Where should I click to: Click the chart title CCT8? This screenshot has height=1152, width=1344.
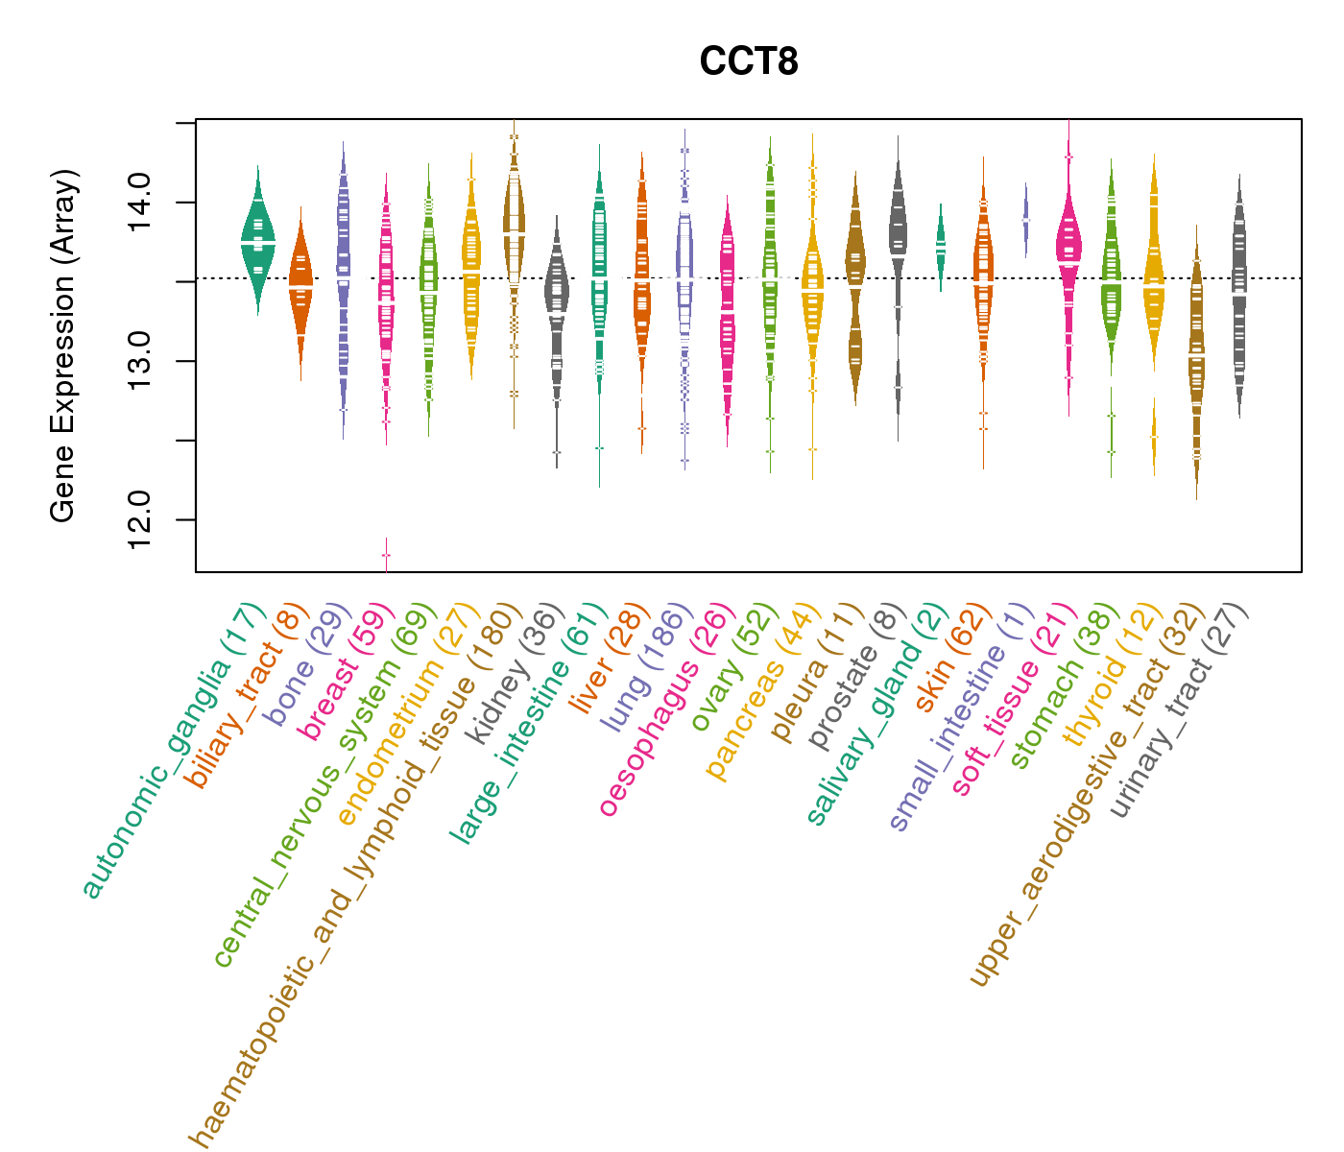coord(749,62)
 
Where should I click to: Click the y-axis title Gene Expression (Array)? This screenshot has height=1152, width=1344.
coord(63,347)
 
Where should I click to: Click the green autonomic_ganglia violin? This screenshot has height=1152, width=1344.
coord(257,240)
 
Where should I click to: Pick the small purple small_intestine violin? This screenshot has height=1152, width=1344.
coord(1025,219)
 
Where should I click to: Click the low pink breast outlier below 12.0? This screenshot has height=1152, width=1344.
coord(386,555)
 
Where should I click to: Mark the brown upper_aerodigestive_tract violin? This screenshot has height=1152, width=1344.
coord(1196,365)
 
